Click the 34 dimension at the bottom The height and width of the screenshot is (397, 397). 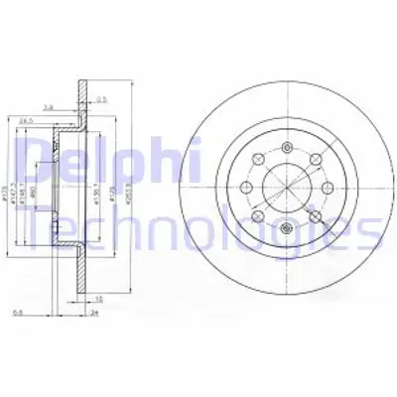point(92,313)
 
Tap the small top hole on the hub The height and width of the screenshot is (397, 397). point(285,148)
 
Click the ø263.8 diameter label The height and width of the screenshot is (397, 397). point(130,185)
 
